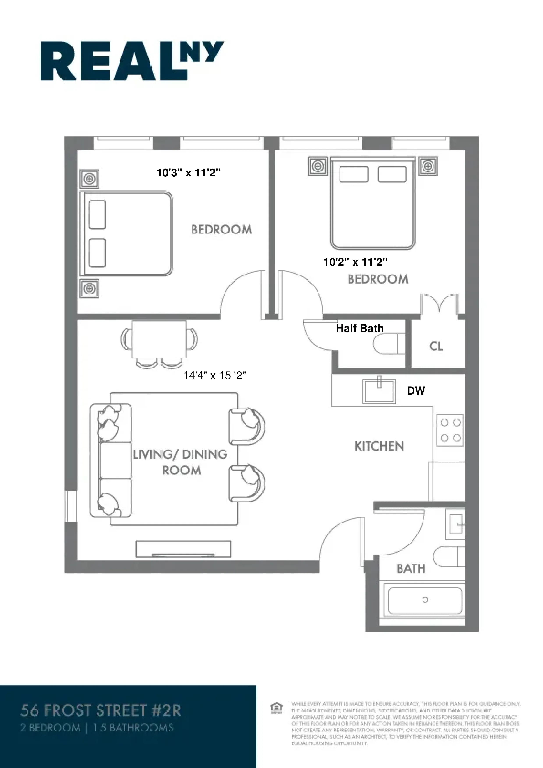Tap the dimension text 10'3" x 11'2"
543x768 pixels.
(188, 173)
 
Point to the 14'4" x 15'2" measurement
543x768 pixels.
(214, 376)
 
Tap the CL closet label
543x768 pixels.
(436, 347)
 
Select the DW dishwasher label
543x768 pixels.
(416, 391)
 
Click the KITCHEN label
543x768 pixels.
(379, 446)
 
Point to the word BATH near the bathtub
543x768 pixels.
(411, 569)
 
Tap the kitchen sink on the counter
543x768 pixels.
(379, 391)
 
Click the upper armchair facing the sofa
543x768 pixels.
(247, 426)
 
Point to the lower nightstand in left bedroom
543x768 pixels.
(89, 288)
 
